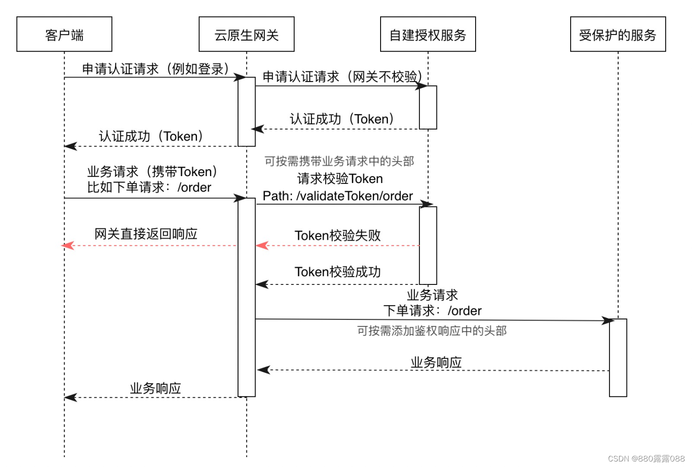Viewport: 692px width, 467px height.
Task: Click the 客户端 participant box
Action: coord(64,34)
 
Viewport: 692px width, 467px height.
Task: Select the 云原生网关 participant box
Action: coord(246,34)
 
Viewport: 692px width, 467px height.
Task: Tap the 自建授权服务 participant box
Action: coord(428,34)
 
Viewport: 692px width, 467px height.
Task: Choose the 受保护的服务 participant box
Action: coord(618,34)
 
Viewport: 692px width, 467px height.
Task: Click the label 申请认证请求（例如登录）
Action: coord(155,69)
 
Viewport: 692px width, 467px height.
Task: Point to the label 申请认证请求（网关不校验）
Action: coord(342,77)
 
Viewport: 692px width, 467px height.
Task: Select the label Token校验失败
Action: coord(338,236)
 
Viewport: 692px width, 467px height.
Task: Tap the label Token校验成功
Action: coord(338,272)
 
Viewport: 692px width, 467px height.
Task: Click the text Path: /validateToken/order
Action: coord(338,196)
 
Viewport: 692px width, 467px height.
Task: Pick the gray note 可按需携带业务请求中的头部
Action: coord(339,161)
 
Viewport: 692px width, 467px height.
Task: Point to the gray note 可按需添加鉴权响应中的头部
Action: coord(432,331)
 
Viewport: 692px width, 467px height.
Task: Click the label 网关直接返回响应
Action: coord(146,234)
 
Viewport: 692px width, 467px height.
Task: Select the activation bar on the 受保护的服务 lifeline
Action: coord(618,357)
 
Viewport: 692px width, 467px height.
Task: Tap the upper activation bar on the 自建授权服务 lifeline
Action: coord(428,107)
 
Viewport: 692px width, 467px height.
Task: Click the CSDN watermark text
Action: coord(646,458)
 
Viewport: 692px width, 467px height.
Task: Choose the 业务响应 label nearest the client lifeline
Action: coord(155,388)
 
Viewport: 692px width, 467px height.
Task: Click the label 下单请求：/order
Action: coord(432,311)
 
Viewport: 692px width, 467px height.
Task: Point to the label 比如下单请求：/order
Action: coord(149,187)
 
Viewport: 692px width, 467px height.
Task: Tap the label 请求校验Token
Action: coord(340,178)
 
